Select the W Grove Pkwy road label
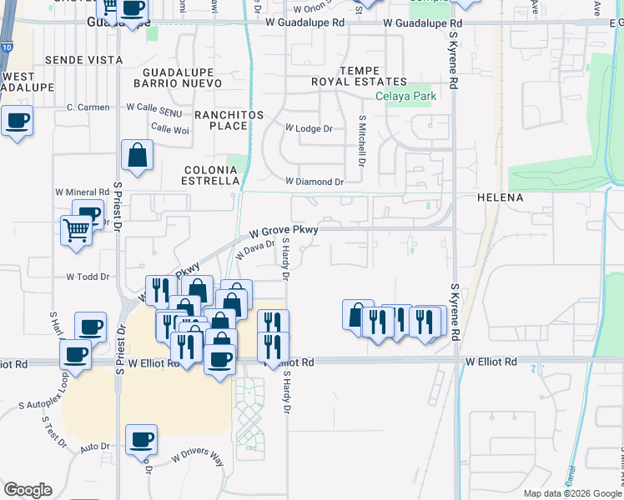tap(284, 230)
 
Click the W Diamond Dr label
tap(315, 181)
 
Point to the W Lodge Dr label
tap(309, 129)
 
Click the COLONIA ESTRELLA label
tap(212, 175)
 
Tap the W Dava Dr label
tap(254, 248)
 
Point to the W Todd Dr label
tap(88, 277)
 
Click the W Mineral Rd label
tap(83, 192)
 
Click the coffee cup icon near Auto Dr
tap(141, 438)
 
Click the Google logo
tap(28, 490)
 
